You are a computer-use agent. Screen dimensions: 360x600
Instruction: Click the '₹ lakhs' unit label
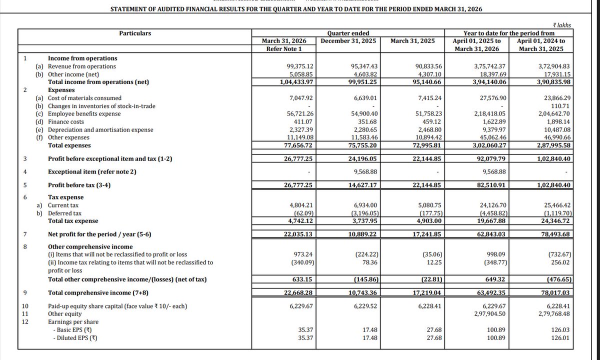click(x=562, y=24)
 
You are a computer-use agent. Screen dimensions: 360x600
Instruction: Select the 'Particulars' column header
click(x=135, y=33)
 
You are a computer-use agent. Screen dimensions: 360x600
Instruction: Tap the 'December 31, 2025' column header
click(x=349, y=41)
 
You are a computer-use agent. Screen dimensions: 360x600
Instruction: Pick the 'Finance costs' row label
click(x=66, y=121)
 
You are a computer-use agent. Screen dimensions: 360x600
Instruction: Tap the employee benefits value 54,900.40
click(x=358, y=114)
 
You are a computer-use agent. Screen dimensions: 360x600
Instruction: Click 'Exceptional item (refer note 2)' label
click(x=93, y=172)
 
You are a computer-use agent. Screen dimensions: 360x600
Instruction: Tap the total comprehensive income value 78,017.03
click(x=550, y=293)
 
